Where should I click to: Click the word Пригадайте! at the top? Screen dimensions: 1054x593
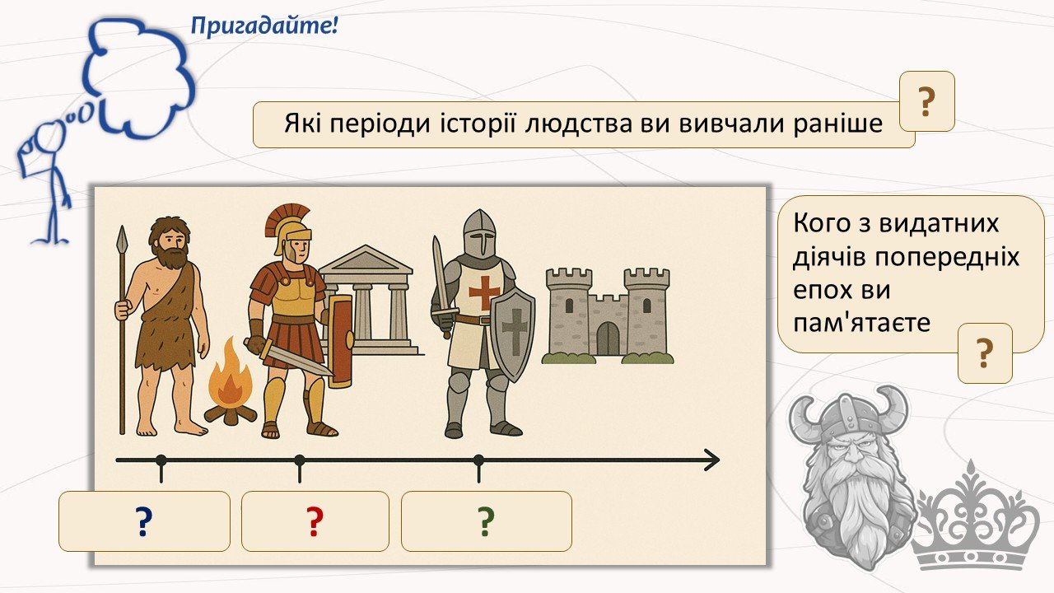point(264,26)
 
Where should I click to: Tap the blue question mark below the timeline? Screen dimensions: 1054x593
point(144,521)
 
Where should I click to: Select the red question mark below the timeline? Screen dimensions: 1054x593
point(315,521)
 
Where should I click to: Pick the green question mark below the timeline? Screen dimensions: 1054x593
point(486,521)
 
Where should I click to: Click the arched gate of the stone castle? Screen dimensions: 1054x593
point(608,339)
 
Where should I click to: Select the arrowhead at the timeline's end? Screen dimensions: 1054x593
point(711,460)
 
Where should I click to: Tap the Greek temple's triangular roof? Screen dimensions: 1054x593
point(365,259)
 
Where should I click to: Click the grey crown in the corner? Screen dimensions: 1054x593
point(975,526)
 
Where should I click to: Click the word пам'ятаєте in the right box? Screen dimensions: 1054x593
point(861,323)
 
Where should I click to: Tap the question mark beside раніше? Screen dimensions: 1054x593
point(926,101)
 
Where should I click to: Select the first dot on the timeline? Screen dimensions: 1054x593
point(161,460)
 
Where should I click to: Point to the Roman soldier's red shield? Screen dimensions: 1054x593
point(341,342)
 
